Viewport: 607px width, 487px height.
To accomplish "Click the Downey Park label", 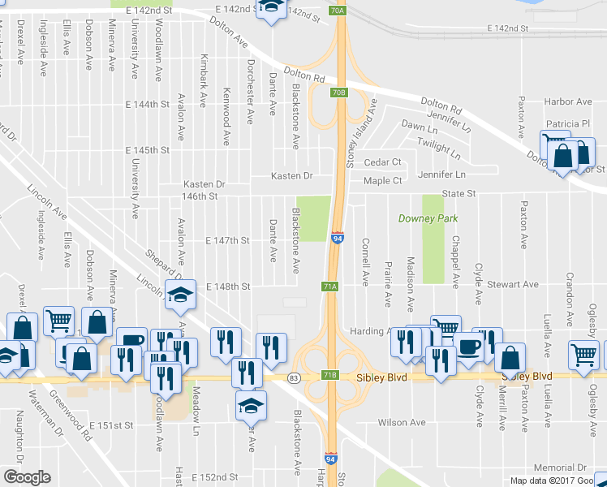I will pyautogui.click(x=428, y=218).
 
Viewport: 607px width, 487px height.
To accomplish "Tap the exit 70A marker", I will pyautogui.click(x=339, y=11).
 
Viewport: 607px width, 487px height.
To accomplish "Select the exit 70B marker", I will pyautogui.click(x=339, y=93).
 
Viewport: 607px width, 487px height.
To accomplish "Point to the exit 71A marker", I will pyautogui.click(x=329, y=287).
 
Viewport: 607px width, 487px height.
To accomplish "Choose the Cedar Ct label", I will pyautogui.click(x=383, y=162).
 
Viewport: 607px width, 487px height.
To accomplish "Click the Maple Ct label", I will pyautogui.click(x=383, y=180).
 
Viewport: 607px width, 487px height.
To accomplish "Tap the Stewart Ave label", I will pyautogui.click(x=519, y=285).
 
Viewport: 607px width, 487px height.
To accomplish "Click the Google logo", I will pyautogui.click(x=27, y=477).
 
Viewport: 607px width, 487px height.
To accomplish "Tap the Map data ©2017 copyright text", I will pyautogui.click(x=545, y=481).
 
